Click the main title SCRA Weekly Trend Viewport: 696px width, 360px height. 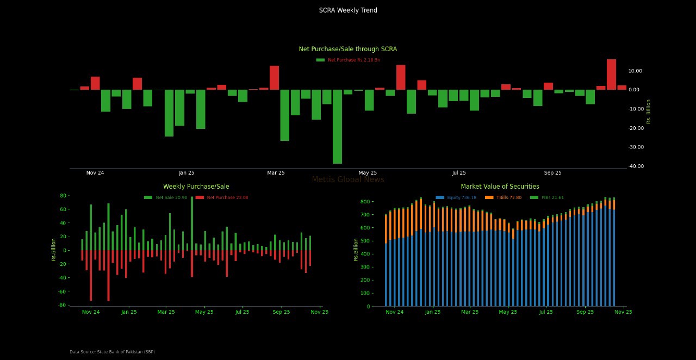[348, 10]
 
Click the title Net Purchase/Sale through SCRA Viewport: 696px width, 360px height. [348, 49]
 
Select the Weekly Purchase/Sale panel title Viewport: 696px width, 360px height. [196, 187]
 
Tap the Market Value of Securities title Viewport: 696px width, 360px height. [500, 187]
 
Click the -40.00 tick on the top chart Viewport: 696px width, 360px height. [635, 166]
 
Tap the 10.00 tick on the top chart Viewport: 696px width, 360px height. [635, 71]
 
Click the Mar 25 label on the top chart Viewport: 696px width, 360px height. [276, 173]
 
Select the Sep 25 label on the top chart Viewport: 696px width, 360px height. [552, 173]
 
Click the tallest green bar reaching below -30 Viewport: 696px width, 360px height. [337, 126]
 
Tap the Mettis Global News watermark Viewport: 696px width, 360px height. [348, 179]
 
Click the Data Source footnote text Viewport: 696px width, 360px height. [112, 352]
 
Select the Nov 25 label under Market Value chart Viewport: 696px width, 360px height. [623, 312]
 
